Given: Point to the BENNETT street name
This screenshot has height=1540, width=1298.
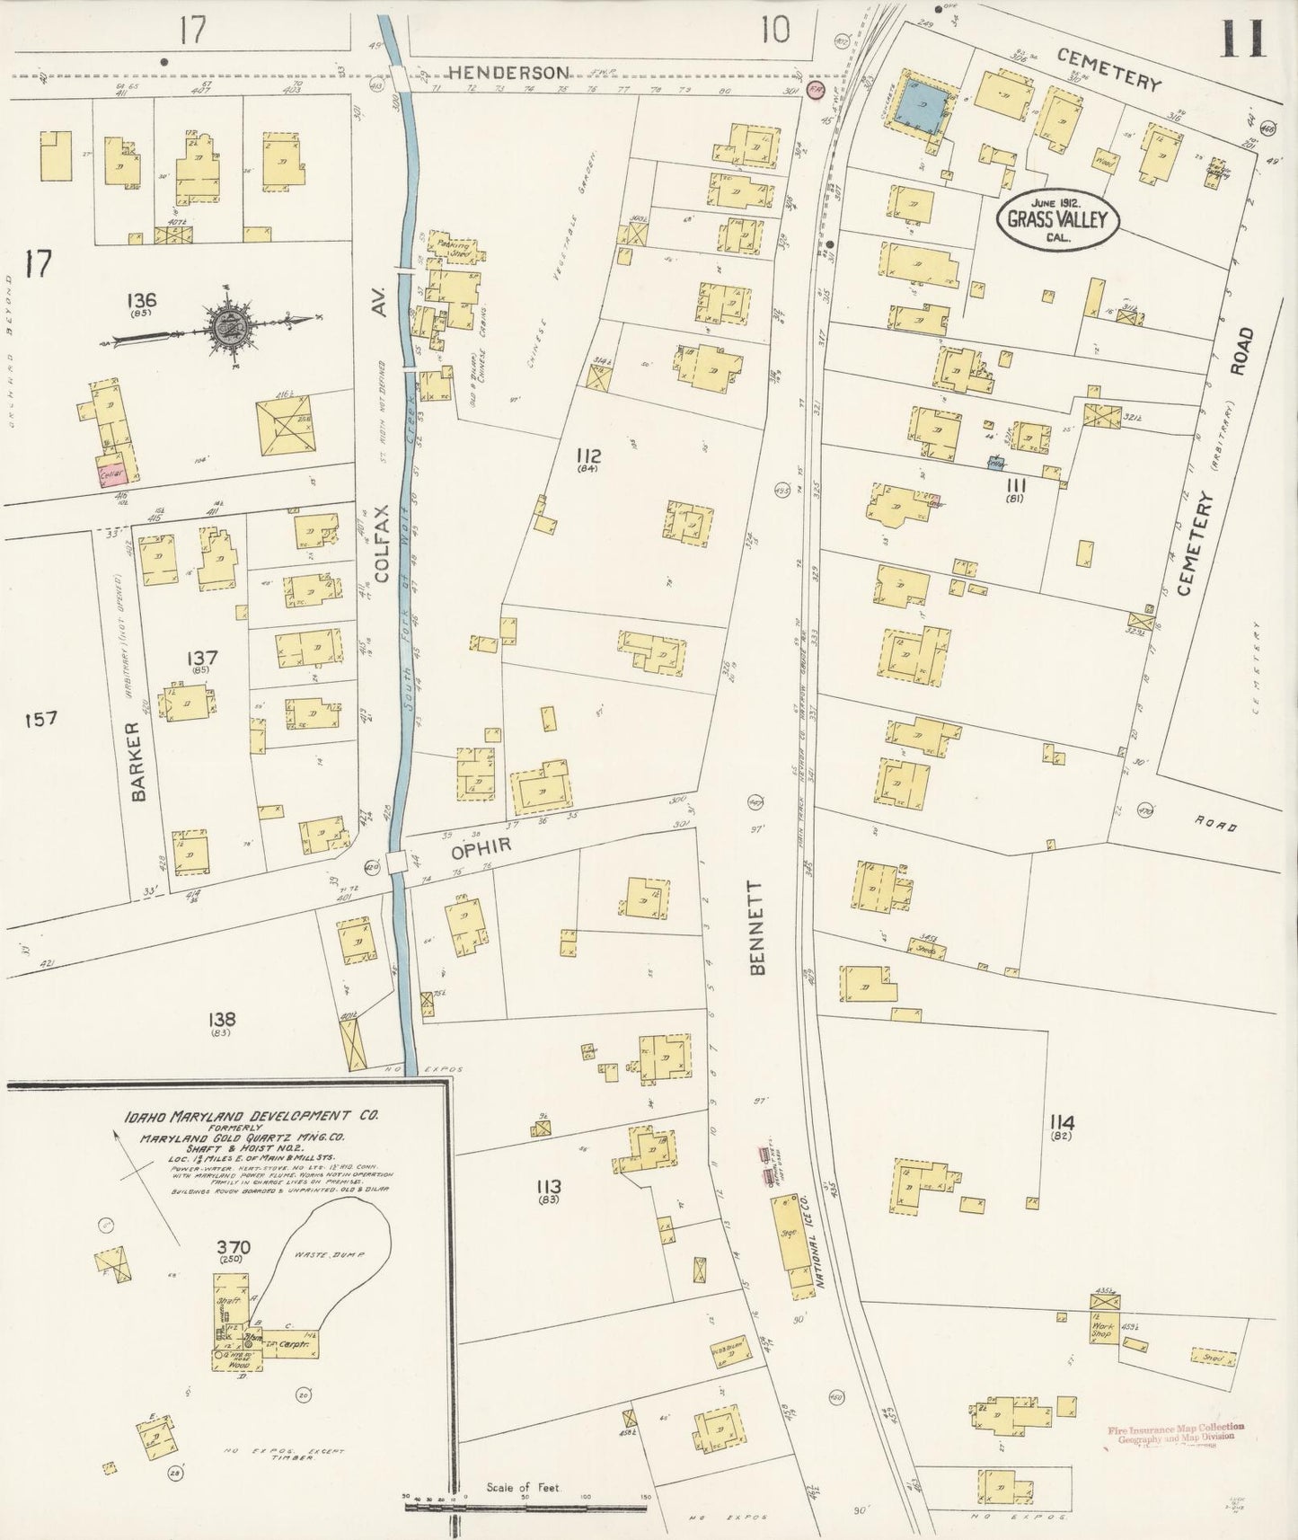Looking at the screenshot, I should coord(756,927).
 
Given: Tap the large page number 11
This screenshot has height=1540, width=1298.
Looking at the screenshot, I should coord(1244,38).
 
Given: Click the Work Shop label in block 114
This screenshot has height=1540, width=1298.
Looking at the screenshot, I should coord(1102,1330).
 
